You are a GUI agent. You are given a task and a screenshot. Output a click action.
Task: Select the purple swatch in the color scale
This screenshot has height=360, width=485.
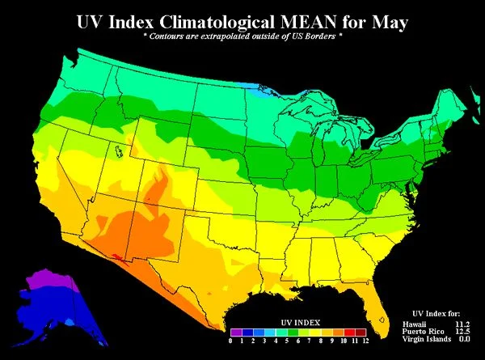tap(235, 332)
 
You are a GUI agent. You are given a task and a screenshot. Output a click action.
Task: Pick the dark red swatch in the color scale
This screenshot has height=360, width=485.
tap(361, 332)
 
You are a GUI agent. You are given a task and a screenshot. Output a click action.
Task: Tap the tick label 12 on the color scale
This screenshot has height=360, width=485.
tap(365, 342)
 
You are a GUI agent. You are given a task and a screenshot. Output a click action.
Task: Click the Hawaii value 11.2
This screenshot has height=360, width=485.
tap(461, 324)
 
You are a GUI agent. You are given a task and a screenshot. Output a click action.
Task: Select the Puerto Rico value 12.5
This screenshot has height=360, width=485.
tap(461, 332)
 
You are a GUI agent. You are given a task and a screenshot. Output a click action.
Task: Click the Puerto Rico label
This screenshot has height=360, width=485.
tap(420, 332)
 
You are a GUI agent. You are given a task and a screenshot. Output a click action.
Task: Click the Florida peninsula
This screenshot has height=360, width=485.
tap(373, 303)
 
